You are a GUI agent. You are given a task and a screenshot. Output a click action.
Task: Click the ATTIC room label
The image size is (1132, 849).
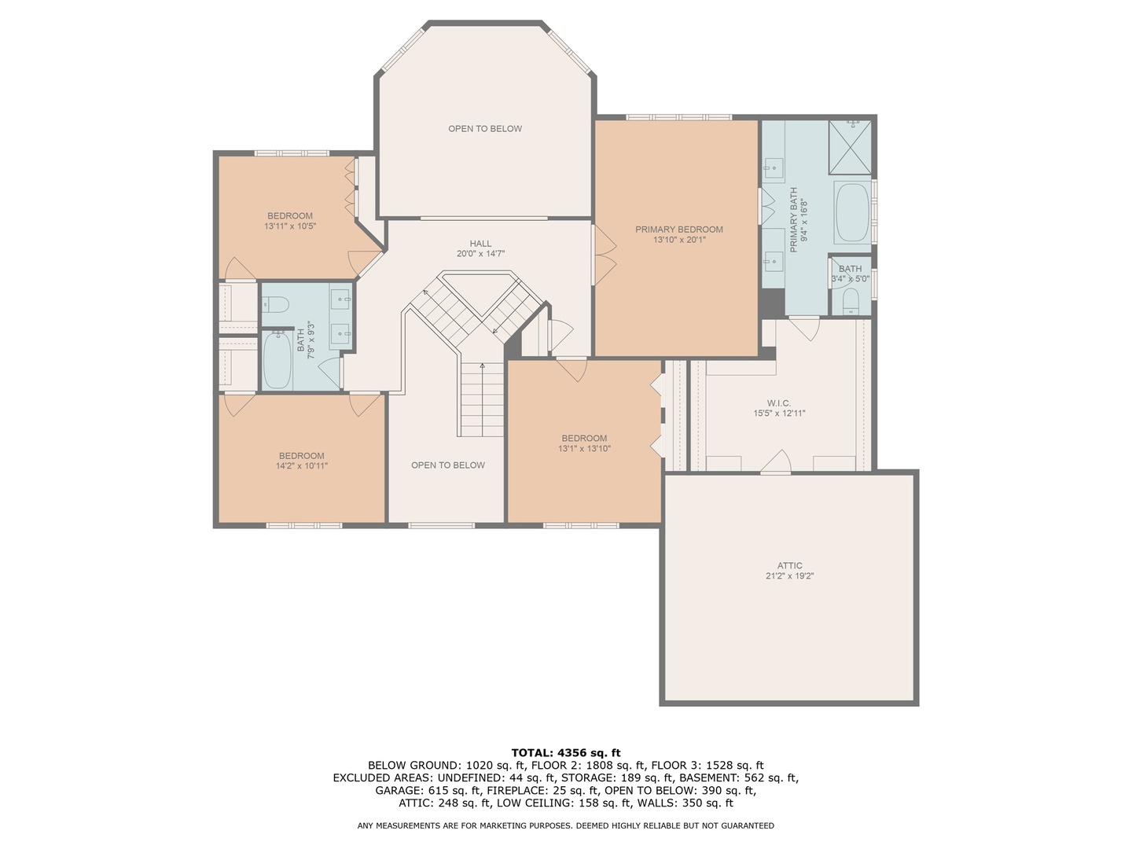789,565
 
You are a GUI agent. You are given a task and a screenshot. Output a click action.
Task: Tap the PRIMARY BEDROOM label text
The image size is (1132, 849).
678,230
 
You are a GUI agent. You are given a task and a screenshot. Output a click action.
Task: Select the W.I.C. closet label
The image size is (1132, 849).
779,403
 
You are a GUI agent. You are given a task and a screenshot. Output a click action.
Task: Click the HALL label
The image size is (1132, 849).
480,244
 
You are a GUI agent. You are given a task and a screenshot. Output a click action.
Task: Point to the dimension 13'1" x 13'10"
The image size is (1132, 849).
584,449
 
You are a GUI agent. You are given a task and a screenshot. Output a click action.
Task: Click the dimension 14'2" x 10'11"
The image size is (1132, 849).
301,466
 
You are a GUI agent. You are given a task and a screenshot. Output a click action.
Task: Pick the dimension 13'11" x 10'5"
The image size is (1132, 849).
289,226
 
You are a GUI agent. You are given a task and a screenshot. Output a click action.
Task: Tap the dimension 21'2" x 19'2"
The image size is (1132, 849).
789,576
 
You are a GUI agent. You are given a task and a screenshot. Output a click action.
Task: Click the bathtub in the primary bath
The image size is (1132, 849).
851,213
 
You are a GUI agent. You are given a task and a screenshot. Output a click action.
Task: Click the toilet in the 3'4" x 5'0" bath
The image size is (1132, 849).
849,300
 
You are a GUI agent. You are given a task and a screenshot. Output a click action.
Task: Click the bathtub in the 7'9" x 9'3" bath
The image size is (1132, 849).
276,360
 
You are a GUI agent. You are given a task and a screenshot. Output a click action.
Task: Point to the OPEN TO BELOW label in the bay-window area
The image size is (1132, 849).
484,129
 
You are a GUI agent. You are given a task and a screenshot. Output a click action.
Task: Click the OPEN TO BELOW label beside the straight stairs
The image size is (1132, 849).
447,465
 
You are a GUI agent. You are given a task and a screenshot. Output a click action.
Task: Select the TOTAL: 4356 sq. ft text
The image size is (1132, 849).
565,752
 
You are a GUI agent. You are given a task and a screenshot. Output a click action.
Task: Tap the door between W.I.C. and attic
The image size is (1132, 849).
776,463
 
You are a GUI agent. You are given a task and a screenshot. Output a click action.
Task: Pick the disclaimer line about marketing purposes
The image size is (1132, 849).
565,825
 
